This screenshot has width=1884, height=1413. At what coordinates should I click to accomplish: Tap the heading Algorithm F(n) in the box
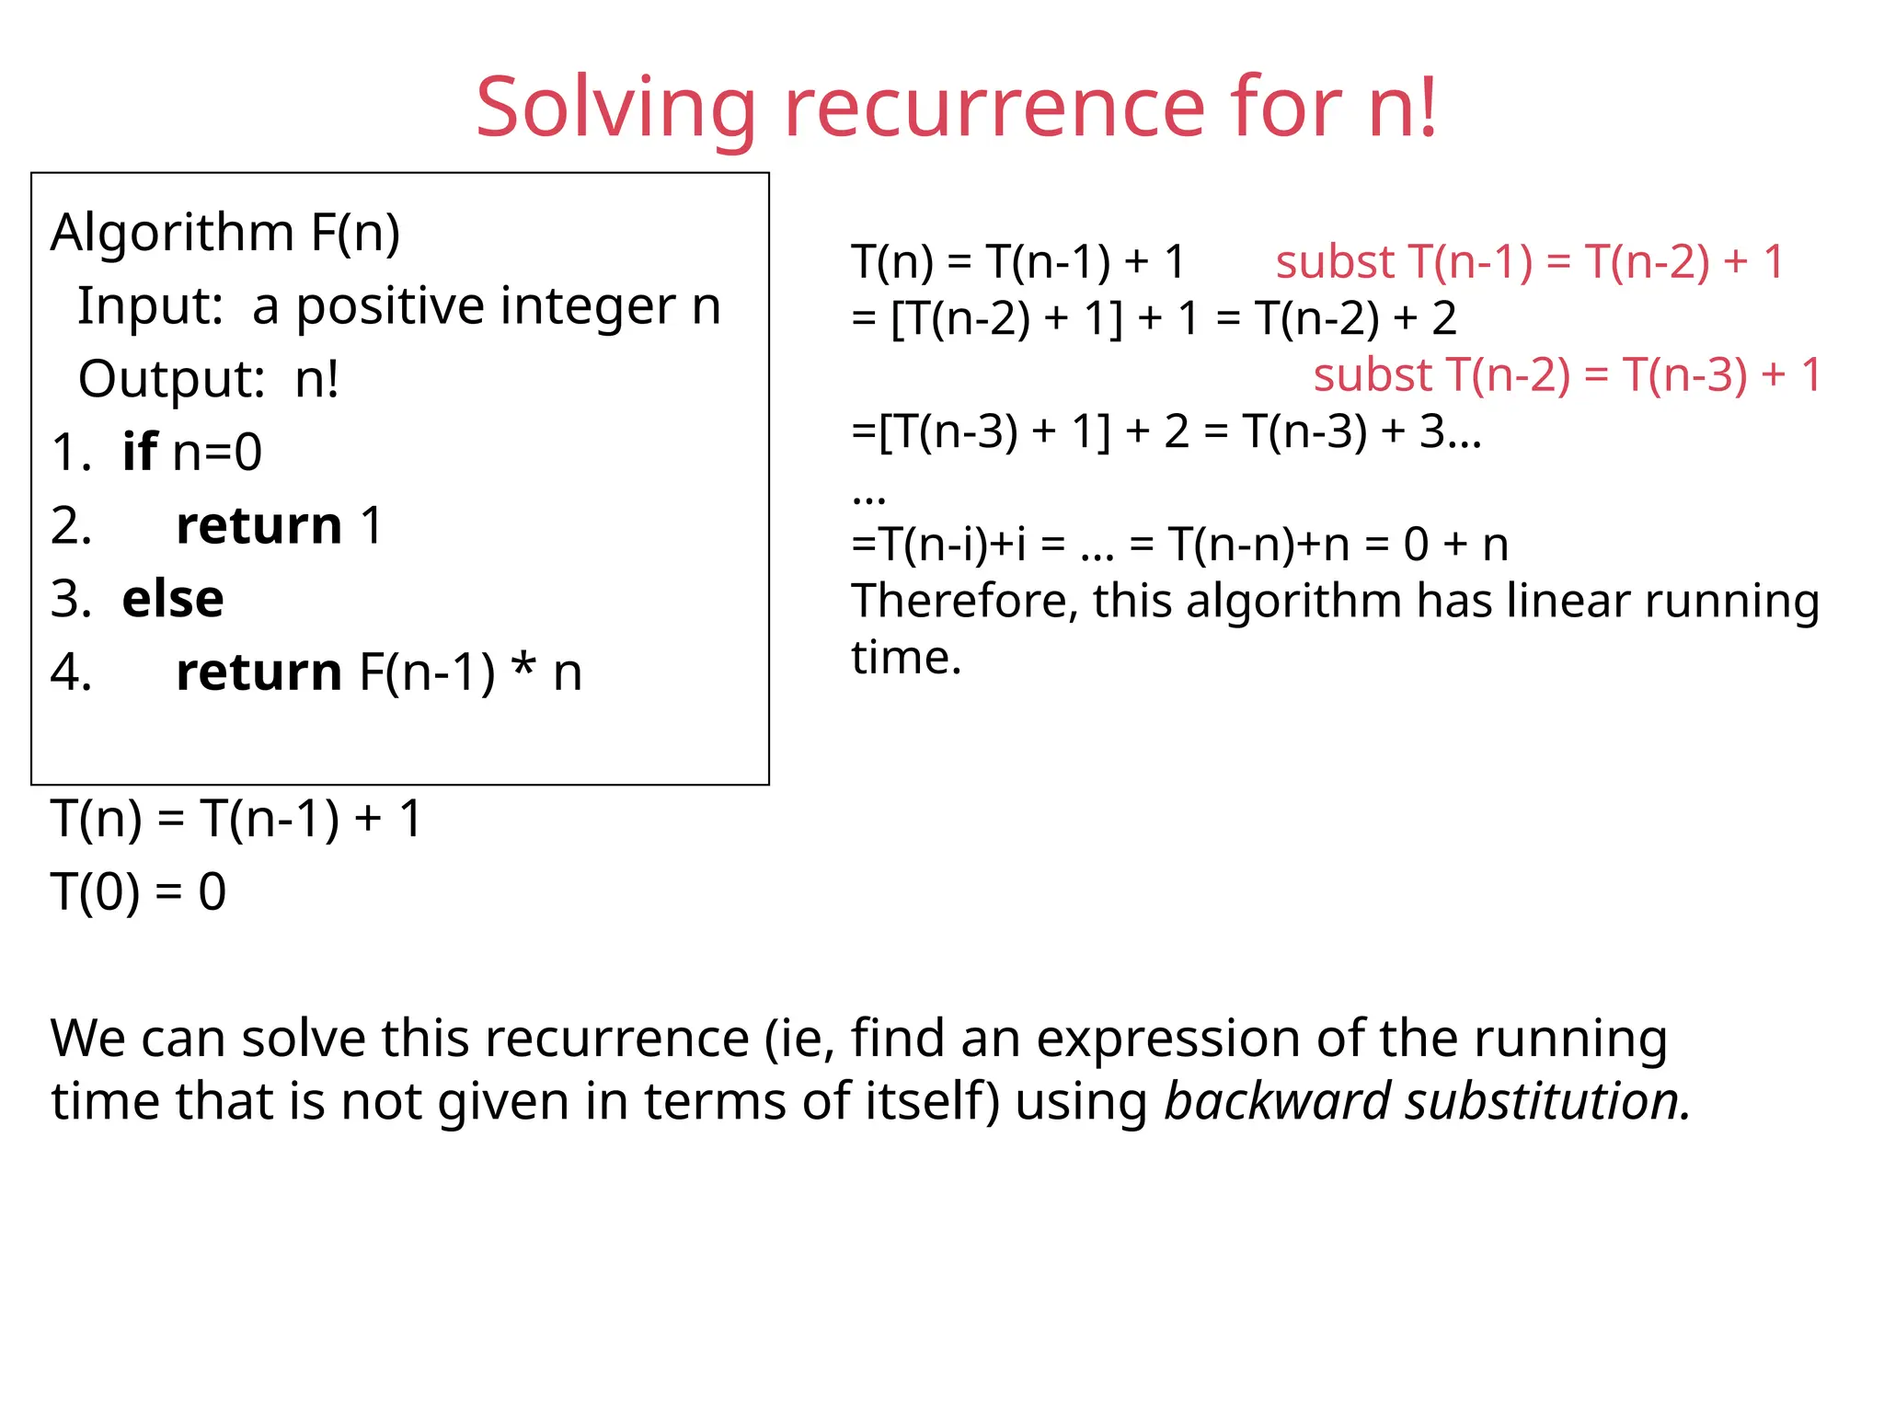[x=225, y=232]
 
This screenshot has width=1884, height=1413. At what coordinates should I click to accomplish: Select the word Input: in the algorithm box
[x=150, y=306]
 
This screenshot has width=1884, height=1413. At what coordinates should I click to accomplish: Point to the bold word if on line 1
[x=140, y=452]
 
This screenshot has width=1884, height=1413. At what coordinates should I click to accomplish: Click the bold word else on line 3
[x=173, y=599]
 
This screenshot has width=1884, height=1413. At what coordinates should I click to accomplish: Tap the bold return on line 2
[x=258, y=525]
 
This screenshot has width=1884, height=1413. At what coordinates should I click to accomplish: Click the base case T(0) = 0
[x=138, y=891]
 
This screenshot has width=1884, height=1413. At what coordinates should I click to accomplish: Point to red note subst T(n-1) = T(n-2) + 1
[x=1529, y=262]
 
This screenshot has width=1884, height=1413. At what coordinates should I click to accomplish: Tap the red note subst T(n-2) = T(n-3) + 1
[x=1567, y=375]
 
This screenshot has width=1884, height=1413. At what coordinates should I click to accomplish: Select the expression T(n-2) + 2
[x=1356, y=319]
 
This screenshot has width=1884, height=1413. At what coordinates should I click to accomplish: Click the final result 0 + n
[x=1455, y=545]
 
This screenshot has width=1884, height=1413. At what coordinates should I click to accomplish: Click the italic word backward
[x=1277, y=1101]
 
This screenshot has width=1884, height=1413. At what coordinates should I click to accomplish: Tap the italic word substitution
[x=1546, y=1101]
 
